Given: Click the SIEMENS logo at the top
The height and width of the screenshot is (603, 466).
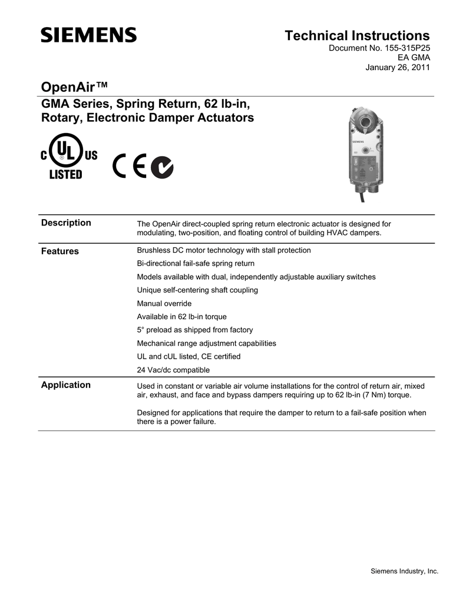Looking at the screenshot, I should pos(88,35).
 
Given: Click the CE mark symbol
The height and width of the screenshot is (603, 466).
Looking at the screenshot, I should pos(130,168).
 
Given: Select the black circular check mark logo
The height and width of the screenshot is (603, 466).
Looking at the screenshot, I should pos(162,168).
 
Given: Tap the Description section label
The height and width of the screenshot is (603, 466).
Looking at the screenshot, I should pos(66,223).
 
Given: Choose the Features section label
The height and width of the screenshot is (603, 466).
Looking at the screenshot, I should pos(60,251).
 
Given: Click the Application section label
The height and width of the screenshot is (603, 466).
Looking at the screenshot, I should pos(65,385).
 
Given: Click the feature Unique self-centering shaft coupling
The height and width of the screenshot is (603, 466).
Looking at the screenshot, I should pos(197,290).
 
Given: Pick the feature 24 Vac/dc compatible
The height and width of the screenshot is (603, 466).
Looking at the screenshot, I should pos(173,370).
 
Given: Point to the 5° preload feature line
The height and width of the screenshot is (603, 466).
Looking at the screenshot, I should pos(195,330).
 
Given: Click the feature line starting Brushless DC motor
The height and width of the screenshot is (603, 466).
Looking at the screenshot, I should pos(224,250).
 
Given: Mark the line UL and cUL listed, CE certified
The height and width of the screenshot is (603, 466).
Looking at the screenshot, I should pos(189,356).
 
